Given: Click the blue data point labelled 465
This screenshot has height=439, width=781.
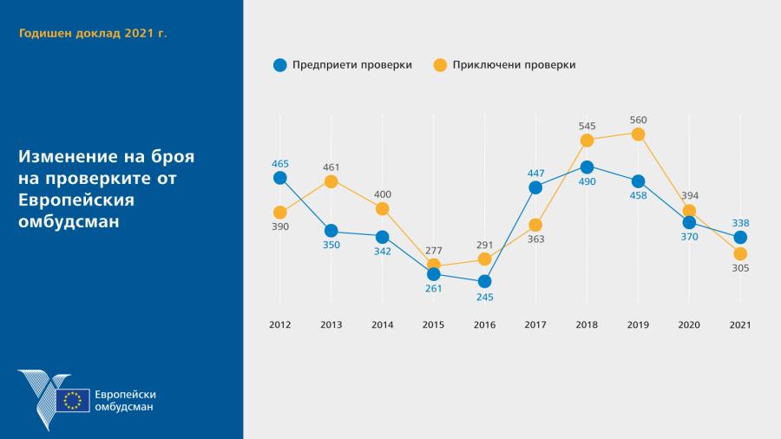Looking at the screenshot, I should pyautogui.click(x=279, y=178).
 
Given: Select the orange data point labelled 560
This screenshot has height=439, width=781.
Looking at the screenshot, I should pyautogui.click(x=638, y=134).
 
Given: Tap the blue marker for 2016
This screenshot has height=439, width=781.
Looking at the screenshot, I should pyautogui.click(x=484, y=281).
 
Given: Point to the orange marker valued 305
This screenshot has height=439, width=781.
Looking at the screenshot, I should pyautogui.click(x=740, y=253).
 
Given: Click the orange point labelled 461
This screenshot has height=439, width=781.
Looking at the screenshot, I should pyautogui.click(x=331, y=180).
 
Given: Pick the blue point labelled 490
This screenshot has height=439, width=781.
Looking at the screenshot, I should pyautogui.click(x=587, y=167).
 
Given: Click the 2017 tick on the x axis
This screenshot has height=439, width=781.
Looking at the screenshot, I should pyautogui.click(x=535, y=324).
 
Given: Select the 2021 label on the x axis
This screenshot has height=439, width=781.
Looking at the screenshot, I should pyautogui.click(x=740, y=324).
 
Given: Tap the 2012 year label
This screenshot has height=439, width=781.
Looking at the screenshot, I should pyautogui.click(x=279, y=324).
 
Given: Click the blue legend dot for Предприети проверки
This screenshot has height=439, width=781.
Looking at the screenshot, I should pyautogui.click(x=279, y=64).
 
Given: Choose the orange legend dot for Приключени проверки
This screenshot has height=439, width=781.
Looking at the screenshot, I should pyautogui.click(x=440, y=64).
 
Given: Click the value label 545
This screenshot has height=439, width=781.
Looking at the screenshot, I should pyautogui.click(x=587, y=126).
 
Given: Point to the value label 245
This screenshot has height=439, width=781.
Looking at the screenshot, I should pyautogui.click(x=484, y=298).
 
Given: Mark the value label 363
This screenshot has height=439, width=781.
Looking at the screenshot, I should pyautogui.click(x=535, y=239).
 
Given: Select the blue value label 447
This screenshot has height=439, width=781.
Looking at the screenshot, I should pyautogui.click(x=535, y=173).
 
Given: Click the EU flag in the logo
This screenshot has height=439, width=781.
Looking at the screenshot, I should pyautogui.click(x=73, y=400).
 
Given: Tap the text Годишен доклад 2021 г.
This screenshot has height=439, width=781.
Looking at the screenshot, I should pyautogui.click(x=93, y=33).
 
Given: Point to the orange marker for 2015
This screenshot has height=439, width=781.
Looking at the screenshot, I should pyautogui.click(x=433, y=265).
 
